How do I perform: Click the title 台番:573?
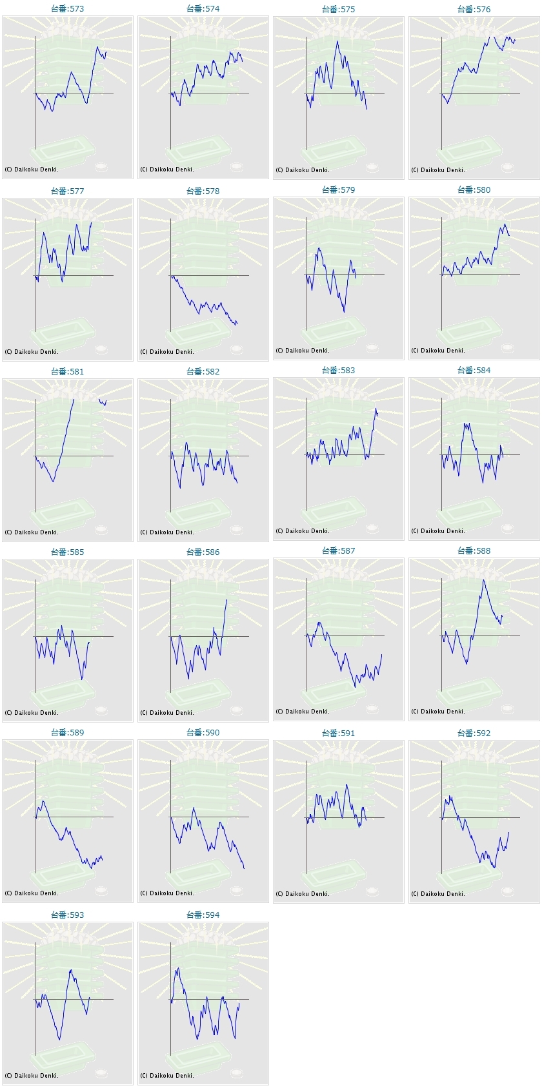pos(68,9)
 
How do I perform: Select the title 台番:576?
pos(474,9)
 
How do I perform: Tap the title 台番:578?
pos(203,191)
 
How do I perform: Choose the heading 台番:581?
pos(68,371)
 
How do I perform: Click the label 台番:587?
pos(339,550)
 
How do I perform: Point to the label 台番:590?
pos(203,732)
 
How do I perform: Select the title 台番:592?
pos(474,733)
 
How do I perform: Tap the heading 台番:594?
pos(203,915)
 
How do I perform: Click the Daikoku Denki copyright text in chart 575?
pos(303,170)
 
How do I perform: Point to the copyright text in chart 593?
pos(32,1075)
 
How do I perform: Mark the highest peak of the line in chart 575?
pos(337,41)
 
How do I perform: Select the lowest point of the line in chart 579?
pos(344,312)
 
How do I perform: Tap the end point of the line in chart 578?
pos(237,323)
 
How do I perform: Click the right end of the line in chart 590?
pos(244,868)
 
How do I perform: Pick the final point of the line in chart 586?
pos(226,599)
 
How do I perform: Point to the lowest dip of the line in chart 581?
pos(53,481)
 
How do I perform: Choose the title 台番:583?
pos(339,370)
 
